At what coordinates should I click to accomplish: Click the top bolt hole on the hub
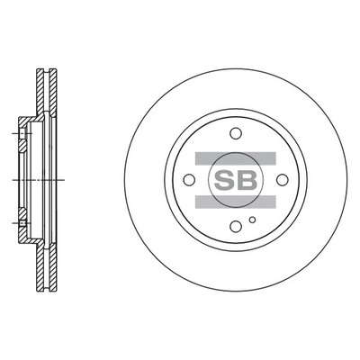tap(236, 133)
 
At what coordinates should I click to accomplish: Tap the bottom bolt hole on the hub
tap(236, 226)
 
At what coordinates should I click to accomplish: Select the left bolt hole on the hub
tap(189, 180)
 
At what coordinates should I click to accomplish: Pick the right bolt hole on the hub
tap(282, 180)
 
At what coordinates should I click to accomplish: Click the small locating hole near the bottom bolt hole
tap(253, 220)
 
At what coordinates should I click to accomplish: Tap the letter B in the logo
tap(247, 180)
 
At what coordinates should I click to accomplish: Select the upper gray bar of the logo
tap(236, 158)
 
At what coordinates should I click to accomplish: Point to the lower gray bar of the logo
tap(236, 202)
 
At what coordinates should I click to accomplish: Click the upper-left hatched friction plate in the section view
tap(40, 92)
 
